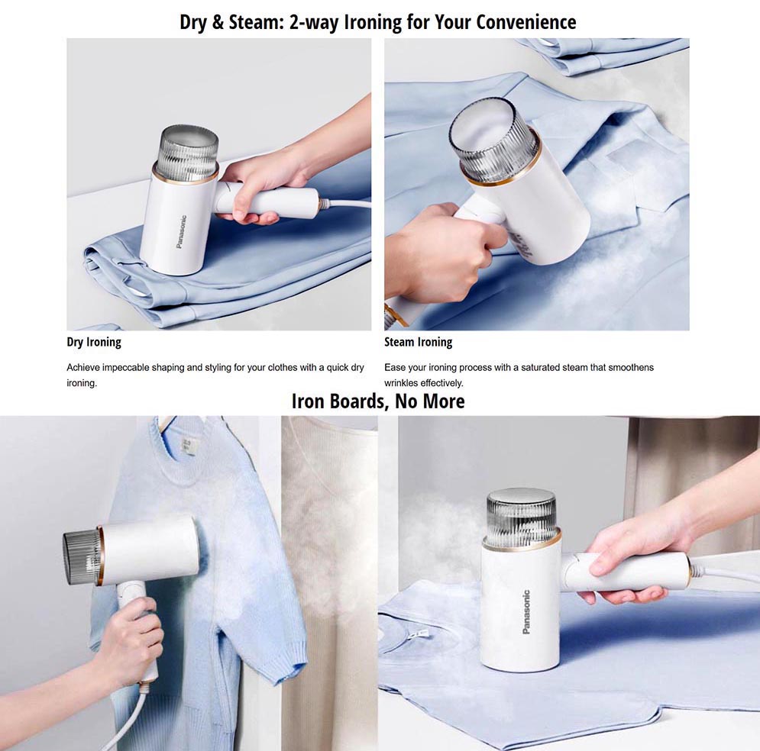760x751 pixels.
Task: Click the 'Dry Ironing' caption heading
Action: coord(94,343)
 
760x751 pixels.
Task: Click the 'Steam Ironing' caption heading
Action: coord(419,343)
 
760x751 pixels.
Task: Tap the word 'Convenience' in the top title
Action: coord(526,22)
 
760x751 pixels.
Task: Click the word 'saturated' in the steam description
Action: coord(541,368)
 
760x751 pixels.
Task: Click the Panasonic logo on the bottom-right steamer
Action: coord(526,612)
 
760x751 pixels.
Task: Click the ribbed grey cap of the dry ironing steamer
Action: coord(189,152)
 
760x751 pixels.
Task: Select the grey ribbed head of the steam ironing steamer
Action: coord(493,140)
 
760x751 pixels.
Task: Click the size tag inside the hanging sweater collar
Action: coord(185,446)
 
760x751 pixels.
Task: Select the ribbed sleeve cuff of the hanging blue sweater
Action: coord(287,662)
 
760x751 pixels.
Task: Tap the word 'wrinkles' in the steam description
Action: coord(400,383)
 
